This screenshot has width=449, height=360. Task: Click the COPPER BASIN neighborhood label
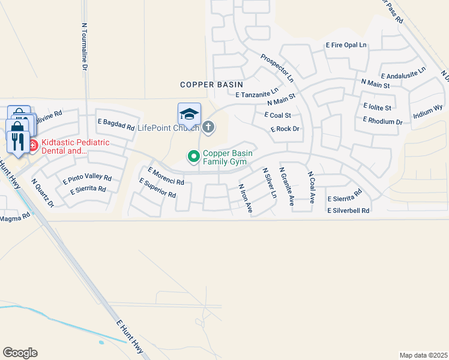tap(208, 85)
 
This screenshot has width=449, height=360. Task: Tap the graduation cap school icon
tap(189, 114)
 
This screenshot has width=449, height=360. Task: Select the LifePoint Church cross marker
tap(208, 127)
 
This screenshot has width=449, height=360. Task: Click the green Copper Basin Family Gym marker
tap(194, 157)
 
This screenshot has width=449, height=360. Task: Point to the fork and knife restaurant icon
tap(17, 142)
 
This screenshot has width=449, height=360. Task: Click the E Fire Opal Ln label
tap(346, 45)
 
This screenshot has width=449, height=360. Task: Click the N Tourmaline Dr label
tap(84, 49)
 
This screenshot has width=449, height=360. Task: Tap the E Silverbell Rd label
tap(348, 211)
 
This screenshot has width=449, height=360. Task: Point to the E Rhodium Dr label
tap(382, 121)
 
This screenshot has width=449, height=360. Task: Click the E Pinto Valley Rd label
tap(87, 178)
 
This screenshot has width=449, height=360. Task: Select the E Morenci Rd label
tap(165, 176)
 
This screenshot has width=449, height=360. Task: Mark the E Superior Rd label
tap(157, 188)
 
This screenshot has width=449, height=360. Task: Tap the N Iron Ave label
tap(245, 199)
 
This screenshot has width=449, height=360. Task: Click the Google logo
tap(20, 353)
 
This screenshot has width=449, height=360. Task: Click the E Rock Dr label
tap(285, 129)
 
